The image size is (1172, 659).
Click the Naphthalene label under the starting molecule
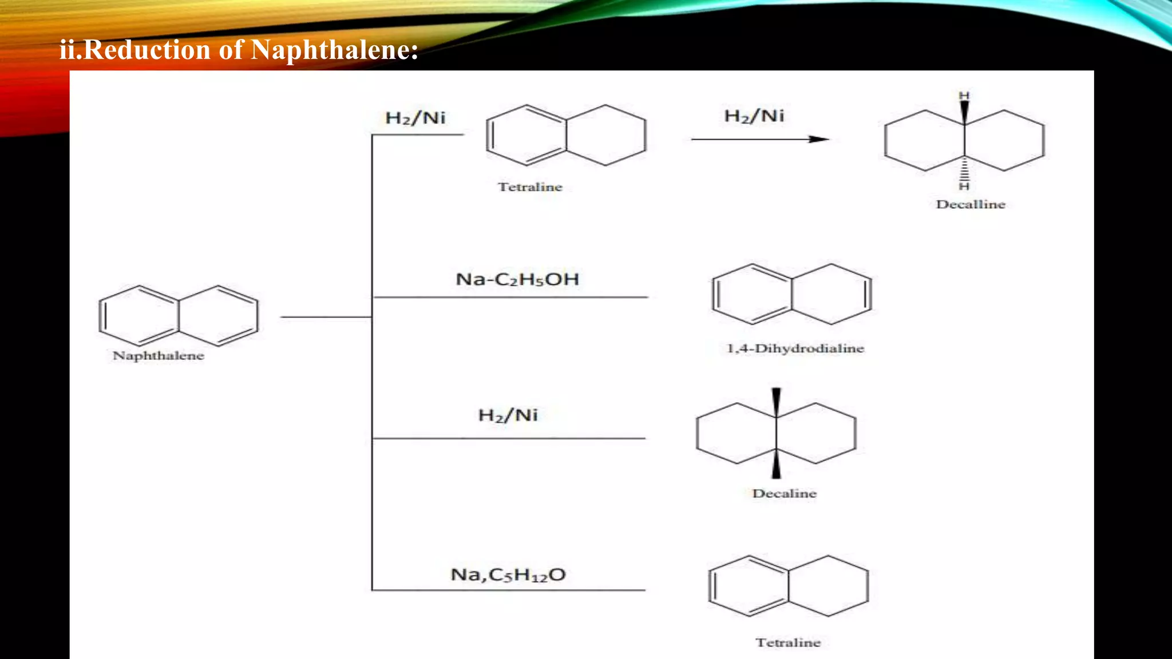159,356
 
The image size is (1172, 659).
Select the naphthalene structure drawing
179,316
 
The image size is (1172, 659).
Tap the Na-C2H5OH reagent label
517,280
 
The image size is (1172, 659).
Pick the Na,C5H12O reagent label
508,575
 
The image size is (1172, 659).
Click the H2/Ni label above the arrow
754,116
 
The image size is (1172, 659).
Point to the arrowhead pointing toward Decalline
819,139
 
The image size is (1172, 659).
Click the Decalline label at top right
971,205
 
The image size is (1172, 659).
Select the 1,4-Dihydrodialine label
795,348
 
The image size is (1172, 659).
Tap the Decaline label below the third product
784,494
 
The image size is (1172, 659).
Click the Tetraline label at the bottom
788,643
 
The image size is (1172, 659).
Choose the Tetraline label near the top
530,187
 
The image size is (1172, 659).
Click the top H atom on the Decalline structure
964,96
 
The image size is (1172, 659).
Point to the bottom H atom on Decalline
964,186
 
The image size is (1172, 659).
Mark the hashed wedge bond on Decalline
964,169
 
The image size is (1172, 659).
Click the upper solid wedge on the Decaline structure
777,402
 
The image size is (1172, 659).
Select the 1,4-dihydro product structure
792,294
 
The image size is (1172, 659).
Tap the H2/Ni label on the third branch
508,415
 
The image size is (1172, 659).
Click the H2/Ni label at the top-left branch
415,118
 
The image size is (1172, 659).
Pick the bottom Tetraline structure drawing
789,586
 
